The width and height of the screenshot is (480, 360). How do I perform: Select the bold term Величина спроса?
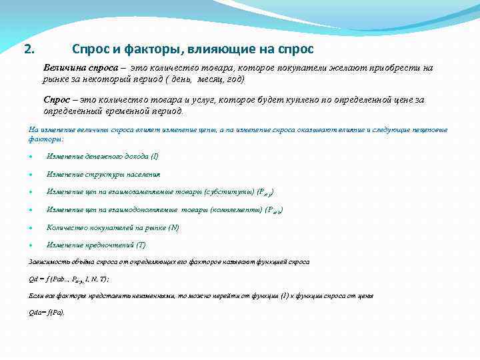[x=81, y=68]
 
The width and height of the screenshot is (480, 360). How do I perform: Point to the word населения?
[x=140, y=174]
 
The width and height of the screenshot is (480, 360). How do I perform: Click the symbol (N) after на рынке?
[x=173, y=227]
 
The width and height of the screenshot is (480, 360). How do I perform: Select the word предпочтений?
[x=106, y=245]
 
